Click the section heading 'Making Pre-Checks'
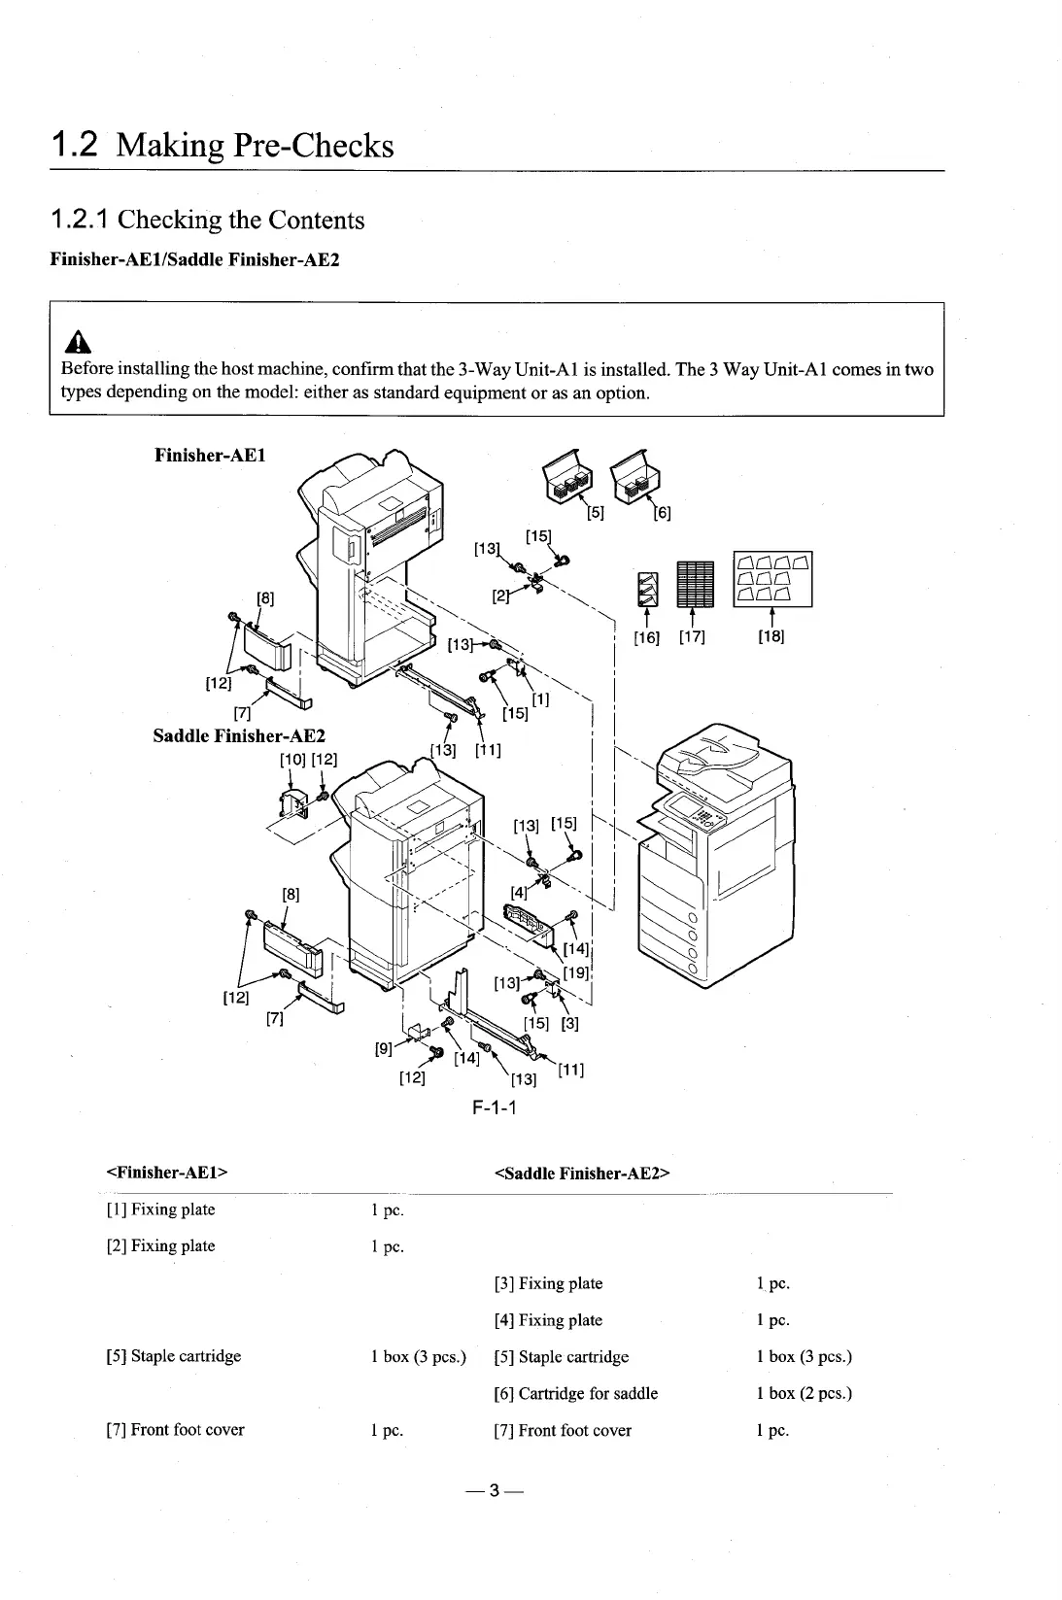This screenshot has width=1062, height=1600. (x=255, y=145)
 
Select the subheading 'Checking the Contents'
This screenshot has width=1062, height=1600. (x=241, y=220)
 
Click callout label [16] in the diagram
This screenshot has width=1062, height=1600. (x=646, y=637)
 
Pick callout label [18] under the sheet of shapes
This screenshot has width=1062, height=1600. (x=771, y=637)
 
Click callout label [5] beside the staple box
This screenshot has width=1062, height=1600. (x=596, y=514)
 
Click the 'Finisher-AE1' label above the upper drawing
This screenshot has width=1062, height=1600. (x=210, y=455)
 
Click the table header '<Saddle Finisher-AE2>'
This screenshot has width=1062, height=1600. (x=583, y=1173)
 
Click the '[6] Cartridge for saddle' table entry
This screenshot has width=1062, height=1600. (x=575, y=1393)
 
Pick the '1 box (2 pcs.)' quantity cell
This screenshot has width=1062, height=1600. (x=804, y=1393)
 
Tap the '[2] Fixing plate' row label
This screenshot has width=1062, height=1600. (x=160, y=1245)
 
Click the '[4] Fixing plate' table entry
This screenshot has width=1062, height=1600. (x=548, y=1319)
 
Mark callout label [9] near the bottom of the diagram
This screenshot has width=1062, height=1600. (x=383, y=1049)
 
